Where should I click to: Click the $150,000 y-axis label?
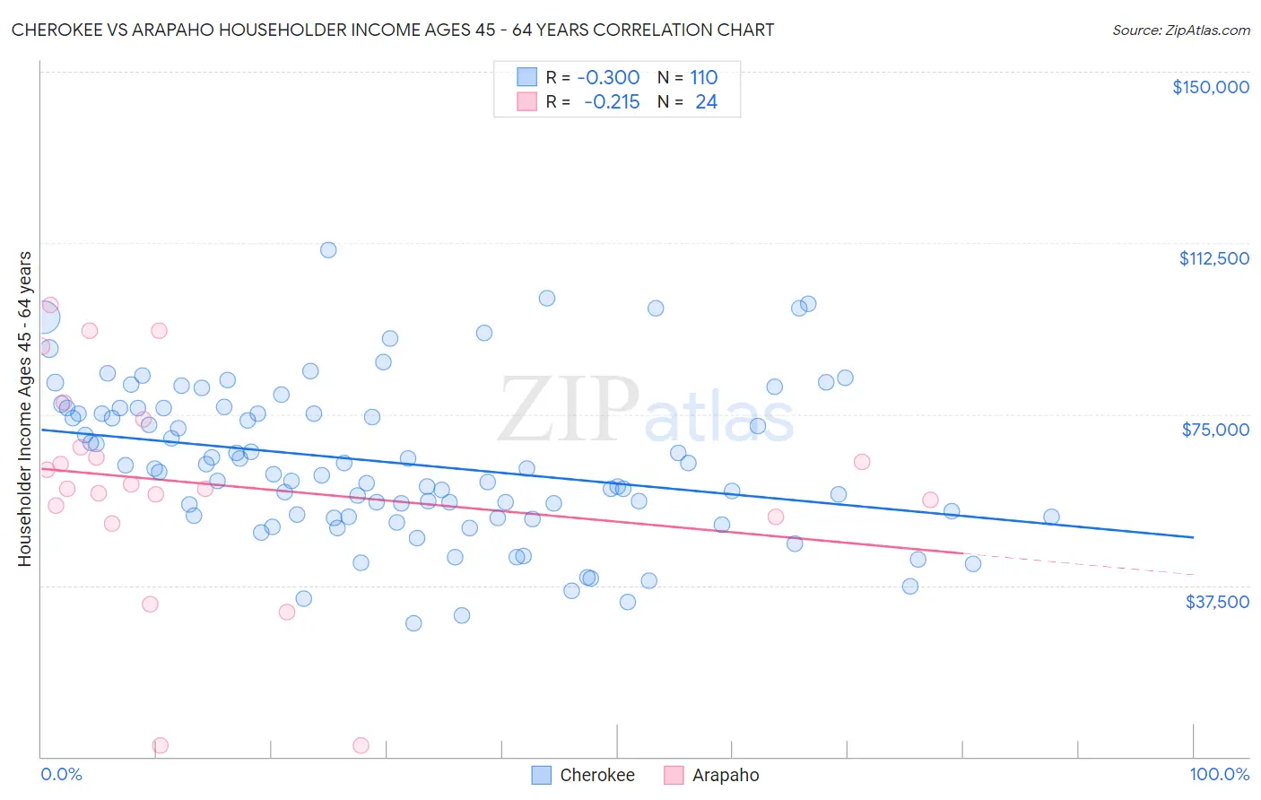[x=1210, y=87]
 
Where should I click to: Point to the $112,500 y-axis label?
[x=1213, y=258]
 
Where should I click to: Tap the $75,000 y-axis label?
[x=1215, y=430]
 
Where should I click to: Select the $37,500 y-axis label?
[x=1217, y=601]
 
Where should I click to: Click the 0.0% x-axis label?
[x=61, y=774]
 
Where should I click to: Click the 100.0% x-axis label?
[x=1219, y=774]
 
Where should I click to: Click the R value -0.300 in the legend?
[x=608, y=77]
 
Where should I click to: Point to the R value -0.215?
[x=612, y=101]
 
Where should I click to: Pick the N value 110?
[x=704, y=77]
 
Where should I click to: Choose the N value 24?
[x=706, y=101]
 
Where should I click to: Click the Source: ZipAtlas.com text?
[x=1180, y=30]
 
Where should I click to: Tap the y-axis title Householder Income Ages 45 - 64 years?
[x=24, y=408]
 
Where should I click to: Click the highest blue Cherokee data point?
[x=328, y=250]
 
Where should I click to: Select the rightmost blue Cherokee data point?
[x=1051, y=517]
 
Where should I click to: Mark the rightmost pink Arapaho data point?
[x=930, y=500]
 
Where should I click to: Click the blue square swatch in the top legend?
[x=526, y=77]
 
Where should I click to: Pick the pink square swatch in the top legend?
[x=526, y=101]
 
